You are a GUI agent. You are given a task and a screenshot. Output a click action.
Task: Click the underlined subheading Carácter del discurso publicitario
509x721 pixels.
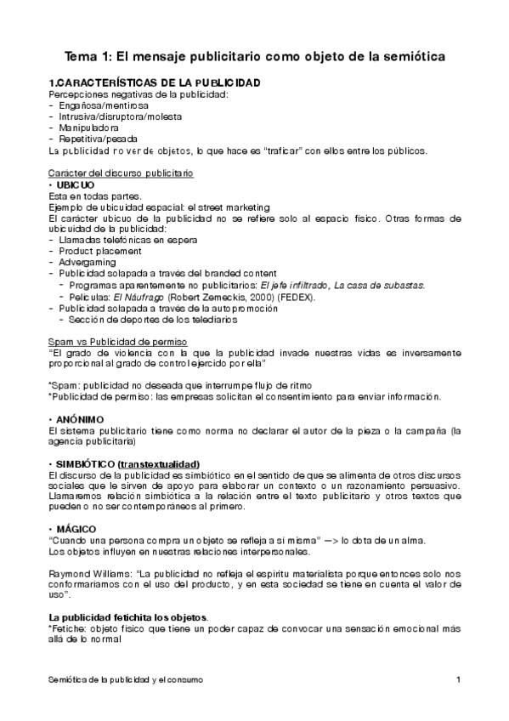(x=121, y=173)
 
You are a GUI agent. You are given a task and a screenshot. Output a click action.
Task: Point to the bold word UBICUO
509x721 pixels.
(x=76, y=185)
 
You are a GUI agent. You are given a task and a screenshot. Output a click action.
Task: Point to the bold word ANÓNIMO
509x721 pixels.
(x=81, y=419)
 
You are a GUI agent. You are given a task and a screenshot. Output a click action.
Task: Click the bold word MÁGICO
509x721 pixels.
(x=77, y=529)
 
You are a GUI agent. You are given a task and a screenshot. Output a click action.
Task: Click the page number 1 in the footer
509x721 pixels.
(x=457, y=680)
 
